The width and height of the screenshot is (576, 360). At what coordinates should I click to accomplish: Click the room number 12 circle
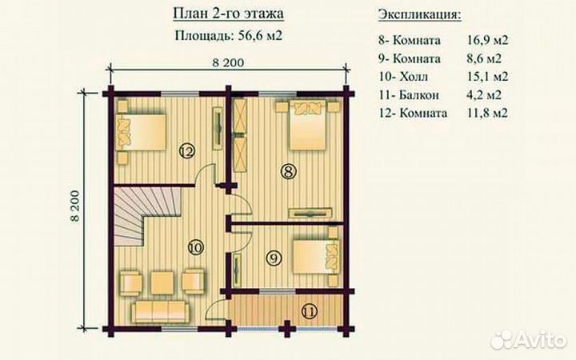pos(186,150)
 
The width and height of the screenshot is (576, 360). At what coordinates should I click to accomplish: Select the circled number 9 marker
pos(273,258)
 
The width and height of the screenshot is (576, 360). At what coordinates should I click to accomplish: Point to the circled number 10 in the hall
pos(194,246)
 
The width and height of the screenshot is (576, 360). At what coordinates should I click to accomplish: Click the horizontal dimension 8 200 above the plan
pos(228,62)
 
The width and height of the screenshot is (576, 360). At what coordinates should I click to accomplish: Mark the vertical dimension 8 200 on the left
pos(76,206)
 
